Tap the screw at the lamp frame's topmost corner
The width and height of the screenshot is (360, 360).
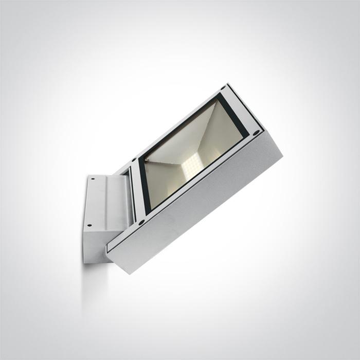(x=223, y=88)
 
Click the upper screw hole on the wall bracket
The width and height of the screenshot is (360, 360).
(x=94, y=179)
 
